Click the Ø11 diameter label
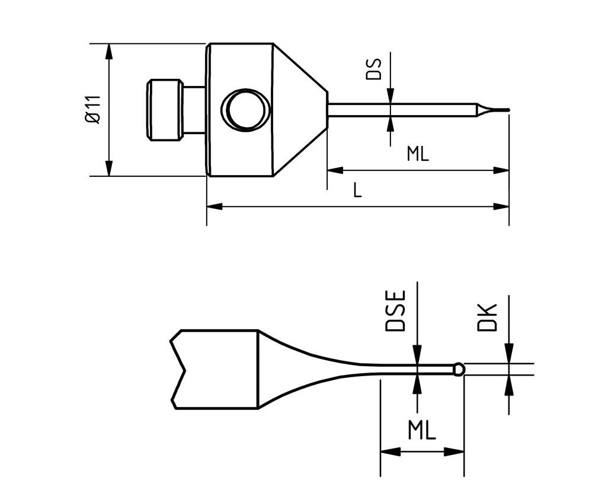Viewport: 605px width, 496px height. click(x=93, y=109)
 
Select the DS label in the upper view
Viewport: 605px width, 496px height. click(x=374, y=69)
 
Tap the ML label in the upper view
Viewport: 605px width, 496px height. click(x=417, y=154)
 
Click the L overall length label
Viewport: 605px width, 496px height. click(x=357, y=190)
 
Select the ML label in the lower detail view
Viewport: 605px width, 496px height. click(x=421, y=430)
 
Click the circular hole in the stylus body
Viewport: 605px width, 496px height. click(x=245, y=110)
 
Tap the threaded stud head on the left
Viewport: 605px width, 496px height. click(x=164, y=110)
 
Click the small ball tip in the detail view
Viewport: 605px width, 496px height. click(x=459, y=370)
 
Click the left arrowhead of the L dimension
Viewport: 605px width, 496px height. click(x=215, y=206)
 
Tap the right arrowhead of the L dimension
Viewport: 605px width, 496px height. click(x=501, y=206)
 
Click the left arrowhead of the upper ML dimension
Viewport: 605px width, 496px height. click(x=335, y=170)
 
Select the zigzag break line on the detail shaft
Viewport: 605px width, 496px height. click(x=178, y=370)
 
